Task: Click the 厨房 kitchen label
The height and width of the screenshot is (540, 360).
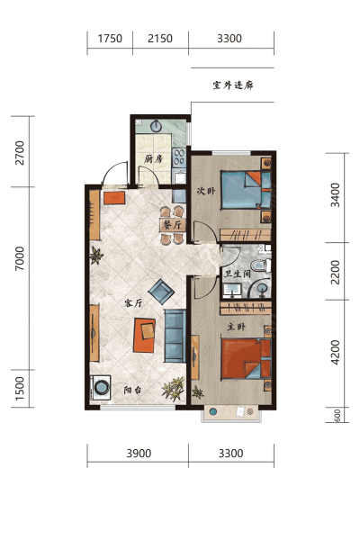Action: click(x=153, y=159)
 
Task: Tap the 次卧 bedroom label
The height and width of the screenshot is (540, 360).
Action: click(x=206, y=191)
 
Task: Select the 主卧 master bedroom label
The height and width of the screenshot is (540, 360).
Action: click(x=237, y=326)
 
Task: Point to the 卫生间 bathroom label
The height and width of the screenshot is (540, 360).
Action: click(x=238, y=274)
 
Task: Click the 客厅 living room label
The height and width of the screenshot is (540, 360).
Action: click(x=133, y=303)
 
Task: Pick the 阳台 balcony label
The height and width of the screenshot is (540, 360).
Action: click(x=132, y=390)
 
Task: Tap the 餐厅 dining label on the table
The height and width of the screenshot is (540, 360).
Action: click(x=172, y=225)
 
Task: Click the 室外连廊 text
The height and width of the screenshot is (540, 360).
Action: click(x=233, y=85)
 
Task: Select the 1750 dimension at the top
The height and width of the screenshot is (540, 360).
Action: click(x=110, y=38)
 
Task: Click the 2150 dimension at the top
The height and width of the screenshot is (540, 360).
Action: click(x=160, y=38)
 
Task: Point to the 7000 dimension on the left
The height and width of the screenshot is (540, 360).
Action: click(x=20, y=258)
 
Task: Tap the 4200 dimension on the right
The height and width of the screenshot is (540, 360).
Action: click(x=335, y=352)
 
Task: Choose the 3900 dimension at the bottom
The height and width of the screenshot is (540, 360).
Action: click(x=139, y=454)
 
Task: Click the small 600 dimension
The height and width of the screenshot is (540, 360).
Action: click(x=337, y=415)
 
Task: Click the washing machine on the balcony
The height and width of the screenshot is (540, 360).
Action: click(x=100, y=387)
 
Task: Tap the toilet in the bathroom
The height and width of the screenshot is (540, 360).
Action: click(x=261, y=265)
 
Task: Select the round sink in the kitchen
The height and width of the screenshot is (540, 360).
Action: click(x=157, y=126)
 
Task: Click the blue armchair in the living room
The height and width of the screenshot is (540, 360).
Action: click(x=161, y=292)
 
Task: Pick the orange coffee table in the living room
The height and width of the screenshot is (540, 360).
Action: click(x=144, y=335)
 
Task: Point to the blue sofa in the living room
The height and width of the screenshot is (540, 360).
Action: click(x=175, y=336)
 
